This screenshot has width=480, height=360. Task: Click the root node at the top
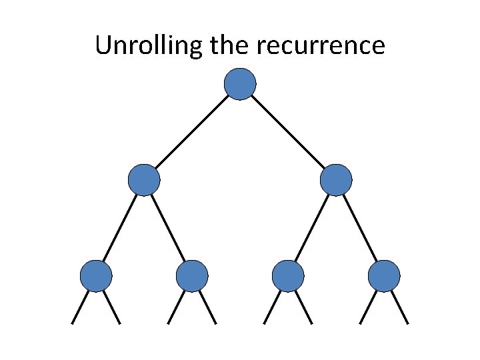point(240,84)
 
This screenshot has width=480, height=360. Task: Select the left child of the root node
point(144,180)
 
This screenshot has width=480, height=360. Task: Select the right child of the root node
point(336,180)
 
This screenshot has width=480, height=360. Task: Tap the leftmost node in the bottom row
point(96,276)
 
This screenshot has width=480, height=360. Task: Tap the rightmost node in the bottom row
point(384,276)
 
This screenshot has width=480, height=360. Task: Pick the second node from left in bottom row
point(192,276)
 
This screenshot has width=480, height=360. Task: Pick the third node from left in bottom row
point(288,276)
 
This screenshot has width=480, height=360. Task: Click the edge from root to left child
point(192,132)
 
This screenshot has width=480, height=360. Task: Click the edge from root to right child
point(288,132)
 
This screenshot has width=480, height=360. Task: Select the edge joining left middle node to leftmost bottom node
point(120,228)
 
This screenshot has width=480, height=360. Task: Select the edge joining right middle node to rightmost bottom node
point(360,228)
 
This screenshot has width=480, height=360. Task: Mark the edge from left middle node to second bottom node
point(168,228)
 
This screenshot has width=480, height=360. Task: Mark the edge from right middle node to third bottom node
point(312,228)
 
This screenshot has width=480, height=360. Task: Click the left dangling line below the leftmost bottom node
point(80,307)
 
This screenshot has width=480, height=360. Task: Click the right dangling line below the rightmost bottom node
point(400,307)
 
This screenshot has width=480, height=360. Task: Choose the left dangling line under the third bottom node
point(272,307)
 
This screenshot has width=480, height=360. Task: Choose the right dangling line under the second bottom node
point(208,307)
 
